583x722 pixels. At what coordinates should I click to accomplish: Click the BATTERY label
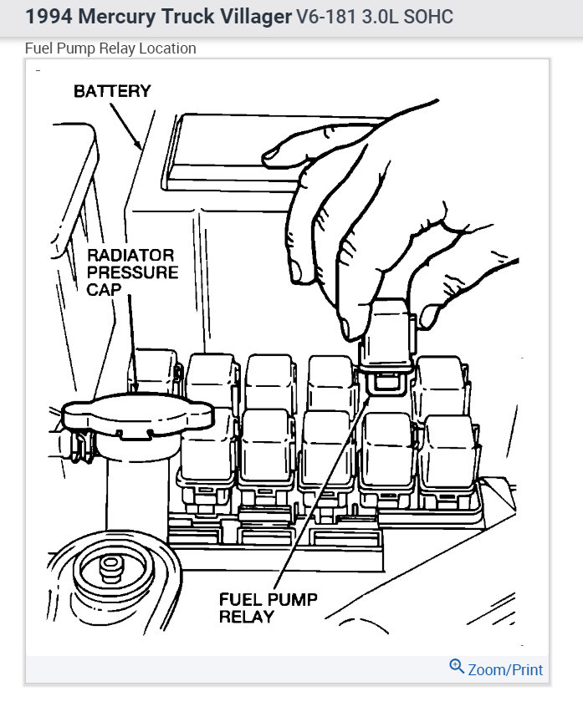coord(111,91)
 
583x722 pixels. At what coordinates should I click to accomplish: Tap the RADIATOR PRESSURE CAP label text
coord(132,272)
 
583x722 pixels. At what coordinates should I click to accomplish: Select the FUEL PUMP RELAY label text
coord(268,608)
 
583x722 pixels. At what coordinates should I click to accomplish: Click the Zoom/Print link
coord(505,669)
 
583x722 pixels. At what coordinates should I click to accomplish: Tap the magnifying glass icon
coord(457,667)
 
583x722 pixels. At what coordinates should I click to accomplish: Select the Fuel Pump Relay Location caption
coord(110,48)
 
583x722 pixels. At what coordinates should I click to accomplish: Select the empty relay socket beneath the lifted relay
coord(386,384)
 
